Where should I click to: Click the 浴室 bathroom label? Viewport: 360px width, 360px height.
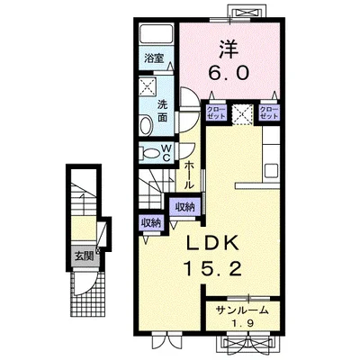[x=154, y=58]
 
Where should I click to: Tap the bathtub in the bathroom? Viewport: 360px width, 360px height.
[x=157, y=33]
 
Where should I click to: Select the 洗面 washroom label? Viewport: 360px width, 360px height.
[x=163, y=111]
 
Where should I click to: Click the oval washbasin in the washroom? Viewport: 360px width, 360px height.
[x=147, y=125]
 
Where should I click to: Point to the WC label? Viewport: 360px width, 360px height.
[x=166, y=153]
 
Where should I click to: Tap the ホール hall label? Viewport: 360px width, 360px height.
[x=188, y=175]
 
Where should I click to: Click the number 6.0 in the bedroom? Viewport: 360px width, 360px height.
[x=229, y=73]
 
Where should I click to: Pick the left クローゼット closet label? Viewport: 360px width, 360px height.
[x=216, y=112]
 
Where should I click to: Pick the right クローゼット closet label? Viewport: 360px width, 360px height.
[x=268, y=112]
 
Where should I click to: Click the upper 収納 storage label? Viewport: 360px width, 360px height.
[x=184, y=207]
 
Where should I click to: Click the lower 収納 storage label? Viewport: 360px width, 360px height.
[x=151, y=222]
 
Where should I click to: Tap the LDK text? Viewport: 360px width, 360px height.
[x=212, y=243]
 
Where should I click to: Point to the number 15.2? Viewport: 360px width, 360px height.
[x=212, y=268]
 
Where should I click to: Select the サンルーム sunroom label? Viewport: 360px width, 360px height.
[x=242, y=311]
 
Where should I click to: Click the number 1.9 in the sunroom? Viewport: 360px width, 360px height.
[x=243, y=323]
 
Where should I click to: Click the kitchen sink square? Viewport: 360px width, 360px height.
[x=272, y=171]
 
